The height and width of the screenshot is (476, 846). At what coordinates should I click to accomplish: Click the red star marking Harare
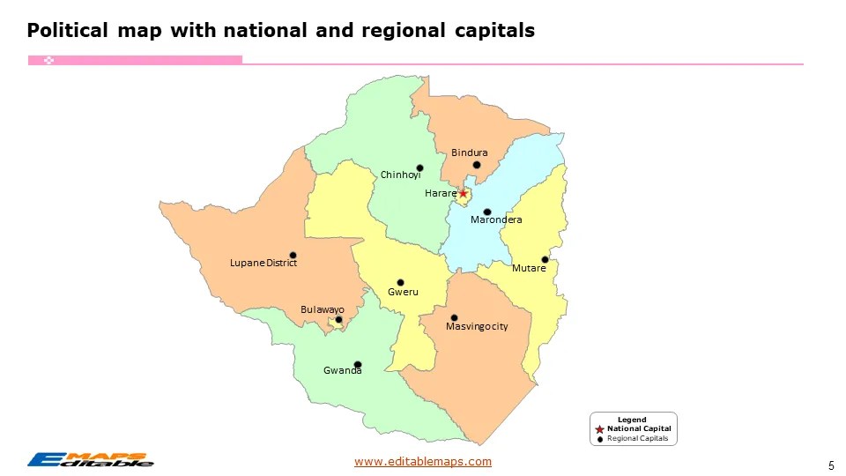point(464,193)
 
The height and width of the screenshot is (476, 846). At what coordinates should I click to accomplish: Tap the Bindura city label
point(469,153)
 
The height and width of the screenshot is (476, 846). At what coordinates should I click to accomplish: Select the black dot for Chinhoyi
point(419,167)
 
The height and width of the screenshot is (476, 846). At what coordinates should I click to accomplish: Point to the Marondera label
point(496,219)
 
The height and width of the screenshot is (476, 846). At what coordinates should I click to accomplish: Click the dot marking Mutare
point(545,259)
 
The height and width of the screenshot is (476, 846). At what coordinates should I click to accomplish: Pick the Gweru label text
point(403,292)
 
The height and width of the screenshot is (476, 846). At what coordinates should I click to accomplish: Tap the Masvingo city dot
point(454,317)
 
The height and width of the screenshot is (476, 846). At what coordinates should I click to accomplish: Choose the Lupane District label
point(263,264)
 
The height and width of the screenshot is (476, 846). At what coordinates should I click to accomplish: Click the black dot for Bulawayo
point(338,320)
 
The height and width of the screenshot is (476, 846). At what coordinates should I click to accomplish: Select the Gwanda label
point(342,371)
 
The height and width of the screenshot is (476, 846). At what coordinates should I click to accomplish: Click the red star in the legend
point(599,429)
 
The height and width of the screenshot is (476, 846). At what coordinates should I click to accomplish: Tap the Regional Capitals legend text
point(638,438)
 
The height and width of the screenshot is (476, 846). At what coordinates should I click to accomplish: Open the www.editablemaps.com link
point(423,461)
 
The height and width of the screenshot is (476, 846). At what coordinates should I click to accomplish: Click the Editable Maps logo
point(90,458)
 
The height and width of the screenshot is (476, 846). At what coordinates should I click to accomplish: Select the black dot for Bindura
point(476,165)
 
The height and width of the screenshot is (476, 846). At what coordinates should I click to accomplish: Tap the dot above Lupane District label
point(293,255)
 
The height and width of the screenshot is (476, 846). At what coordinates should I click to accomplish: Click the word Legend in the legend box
point(632,420)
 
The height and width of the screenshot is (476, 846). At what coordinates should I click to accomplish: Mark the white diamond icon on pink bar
point(49,60)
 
